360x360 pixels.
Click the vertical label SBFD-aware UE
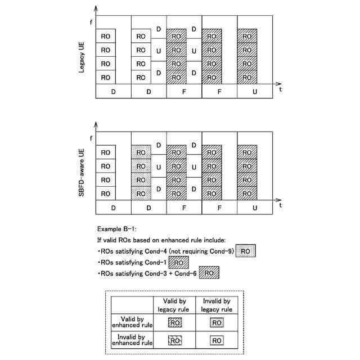point(83,169)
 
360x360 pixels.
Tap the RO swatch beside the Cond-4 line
point(245,251)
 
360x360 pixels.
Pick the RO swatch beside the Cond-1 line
point(178,262)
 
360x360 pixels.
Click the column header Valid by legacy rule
point(174,304)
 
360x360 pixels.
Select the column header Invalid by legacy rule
point(217,304)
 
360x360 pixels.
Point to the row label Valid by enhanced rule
point(132,323)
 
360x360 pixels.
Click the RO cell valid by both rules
point(174,323)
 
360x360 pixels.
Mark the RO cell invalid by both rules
point(217,340)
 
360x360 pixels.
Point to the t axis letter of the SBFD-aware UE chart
point(280,206)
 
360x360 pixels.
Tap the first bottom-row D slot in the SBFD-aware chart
point(113,208)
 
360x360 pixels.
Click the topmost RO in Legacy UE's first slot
point(106,36)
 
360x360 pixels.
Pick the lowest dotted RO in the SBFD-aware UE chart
point(141,193)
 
